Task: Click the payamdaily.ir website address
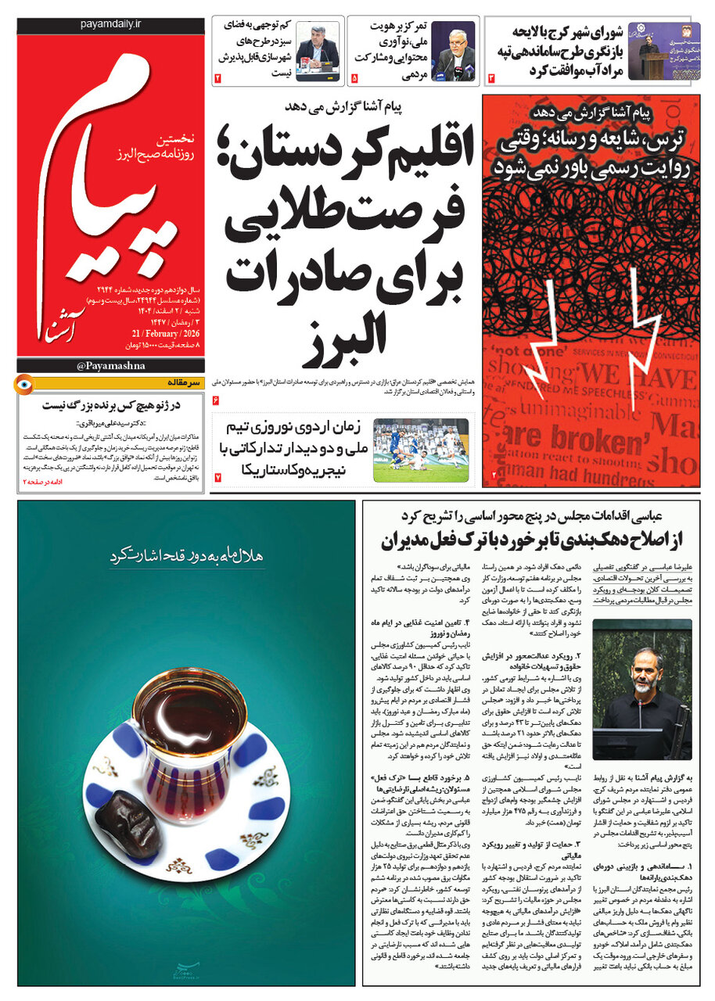(110, 25)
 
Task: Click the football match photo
(421, 450)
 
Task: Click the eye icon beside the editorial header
(25, 383)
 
